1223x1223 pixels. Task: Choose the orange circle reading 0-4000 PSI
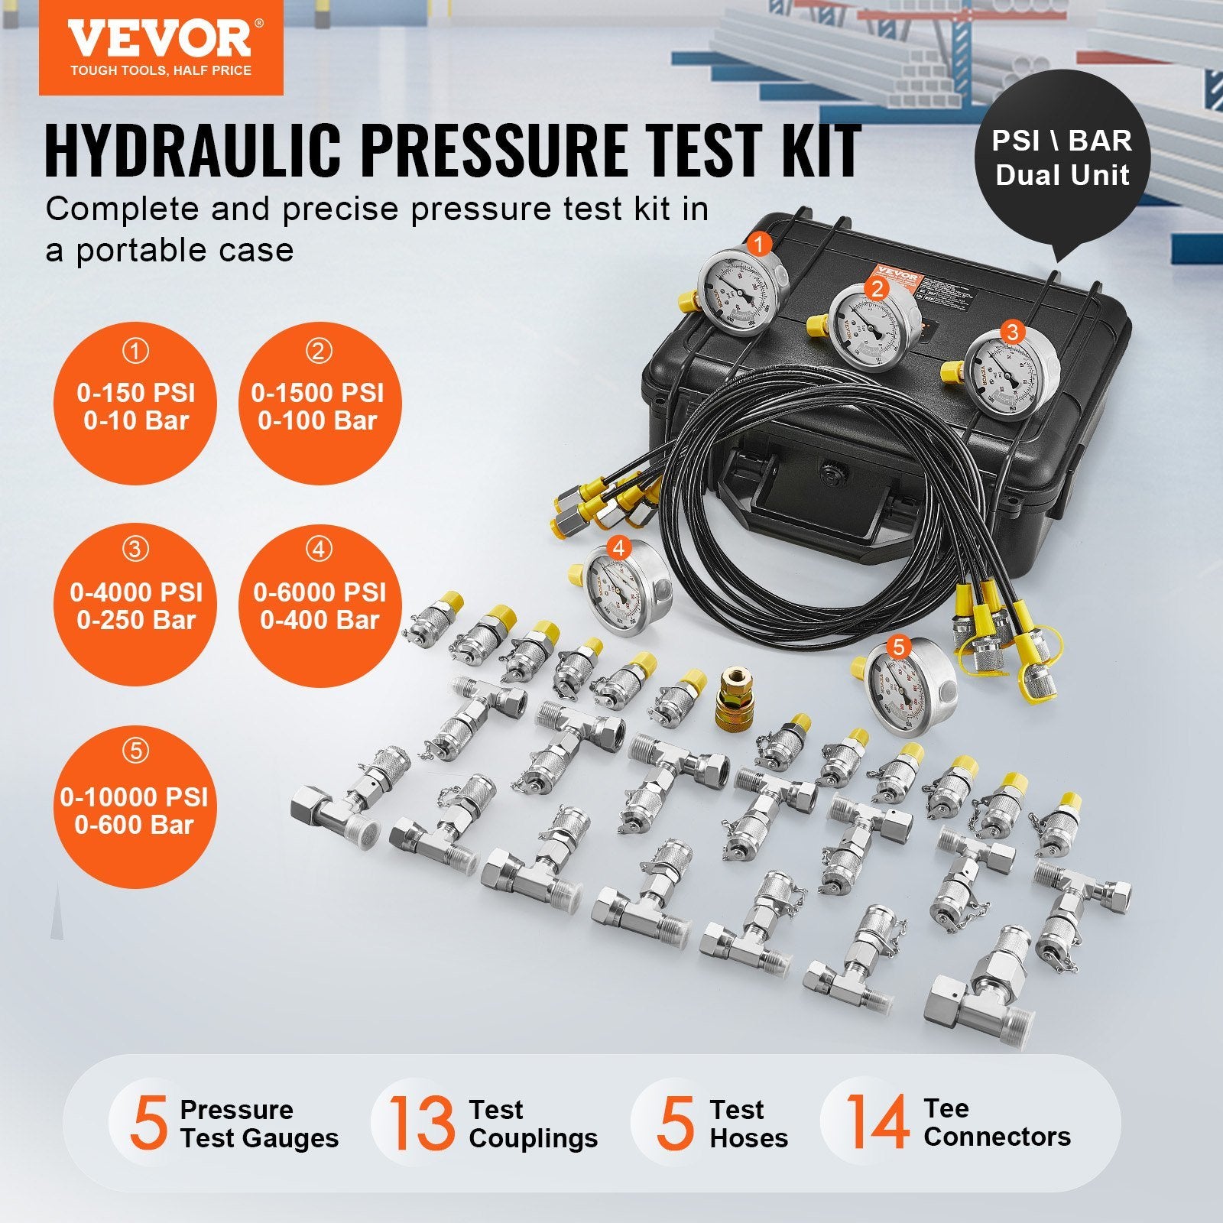pos(136,605)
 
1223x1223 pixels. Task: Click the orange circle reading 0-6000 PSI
pos(320,605)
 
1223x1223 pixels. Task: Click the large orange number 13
pos(421,1123)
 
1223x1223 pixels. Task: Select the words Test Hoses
pos(748,1123)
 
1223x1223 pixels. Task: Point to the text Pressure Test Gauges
pos(258,1123)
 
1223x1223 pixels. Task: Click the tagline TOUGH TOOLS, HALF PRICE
pos(161,70)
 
